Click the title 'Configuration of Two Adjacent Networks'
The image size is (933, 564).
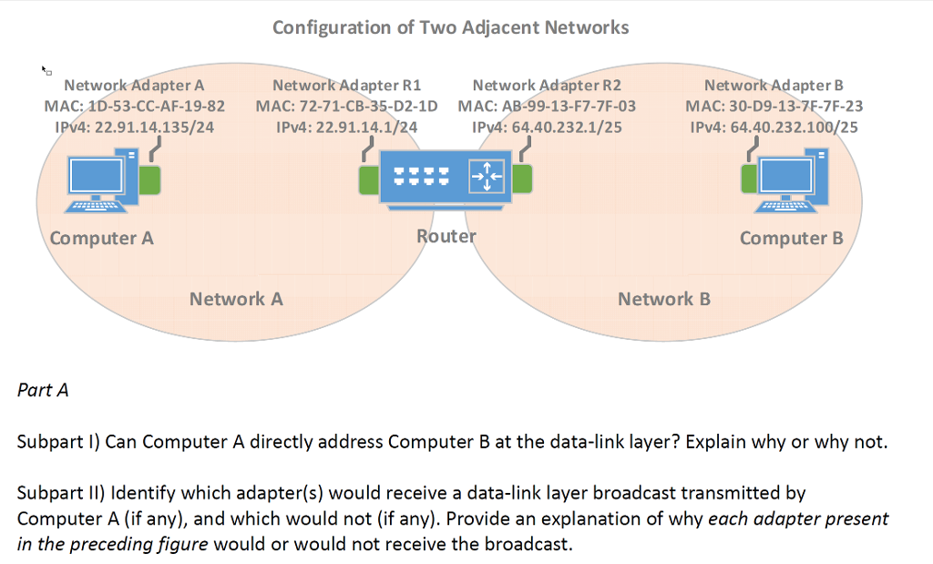coord(450,27)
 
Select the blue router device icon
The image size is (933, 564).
coord(445,179)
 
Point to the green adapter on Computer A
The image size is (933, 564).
coord(150,180)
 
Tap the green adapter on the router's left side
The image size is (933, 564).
coord(368,179)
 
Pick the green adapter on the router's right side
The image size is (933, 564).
coord(523,179)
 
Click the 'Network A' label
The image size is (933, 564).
coord(236,299)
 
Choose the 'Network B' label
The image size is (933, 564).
coord(663,299)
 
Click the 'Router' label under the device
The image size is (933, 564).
coord(446,236)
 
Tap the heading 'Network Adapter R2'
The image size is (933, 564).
coord(547,86)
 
